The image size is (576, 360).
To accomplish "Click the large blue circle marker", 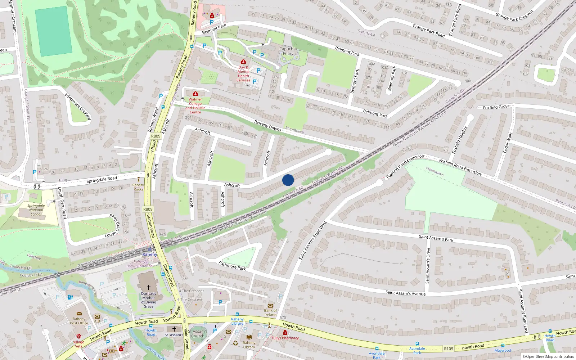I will tap(288, 180).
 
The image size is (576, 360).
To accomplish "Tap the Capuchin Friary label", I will tap(288, 51).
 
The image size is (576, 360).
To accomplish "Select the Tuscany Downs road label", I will tap(267, 126).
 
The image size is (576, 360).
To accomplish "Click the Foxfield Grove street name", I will tap(496, 107).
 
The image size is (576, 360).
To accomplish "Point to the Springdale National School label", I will tap(36, 210).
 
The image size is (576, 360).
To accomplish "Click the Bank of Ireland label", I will tap(270, 312).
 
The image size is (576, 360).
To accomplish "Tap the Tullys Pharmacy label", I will tap(285, 338).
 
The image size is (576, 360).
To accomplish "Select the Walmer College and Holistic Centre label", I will tap(195, 105).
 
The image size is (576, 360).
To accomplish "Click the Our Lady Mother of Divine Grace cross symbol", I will tap(148, 288).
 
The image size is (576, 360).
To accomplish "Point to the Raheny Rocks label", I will tap(139, 187).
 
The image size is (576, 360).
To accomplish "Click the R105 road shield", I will tap(449, 348).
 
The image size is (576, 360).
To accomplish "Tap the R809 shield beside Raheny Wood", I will tap(156, 136).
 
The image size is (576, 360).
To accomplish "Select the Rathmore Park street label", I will tap(232, 266).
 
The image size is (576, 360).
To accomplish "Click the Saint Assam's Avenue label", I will tap(405, 293).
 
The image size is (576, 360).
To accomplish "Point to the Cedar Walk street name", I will tap(507, 143).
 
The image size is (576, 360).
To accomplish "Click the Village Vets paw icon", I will tap(78, 336).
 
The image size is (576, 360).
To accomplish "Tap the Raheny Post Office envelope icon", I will tap(79, 314).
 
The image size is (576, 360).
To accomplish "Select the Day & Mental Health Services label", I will tap(243, 73).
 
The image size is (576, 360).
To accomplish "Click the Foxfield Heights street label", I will tap(459, 140).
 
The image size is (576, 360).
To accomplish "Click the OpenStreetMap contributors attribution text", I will tap(548, 356).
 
